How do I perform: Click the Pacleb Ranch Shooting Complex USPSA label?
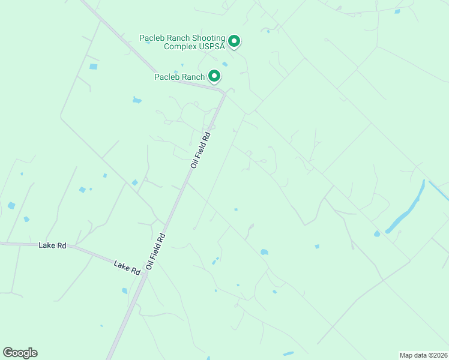point(183,42)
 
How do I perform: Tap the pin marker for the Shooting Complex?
point(235,41)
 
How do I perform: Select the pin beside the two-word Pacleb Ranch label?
point(214,76)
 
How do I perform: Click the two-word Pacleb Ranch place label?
point(179,77)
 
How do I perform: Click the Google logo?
point(20,353)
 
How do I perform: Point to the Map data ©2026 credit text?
point(423,355)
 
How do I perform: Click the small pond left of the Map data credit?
point(288,353)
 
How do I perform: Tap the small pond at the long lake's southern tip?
point(376,233)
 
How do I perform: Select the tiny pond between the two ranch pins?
point(224,64)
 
